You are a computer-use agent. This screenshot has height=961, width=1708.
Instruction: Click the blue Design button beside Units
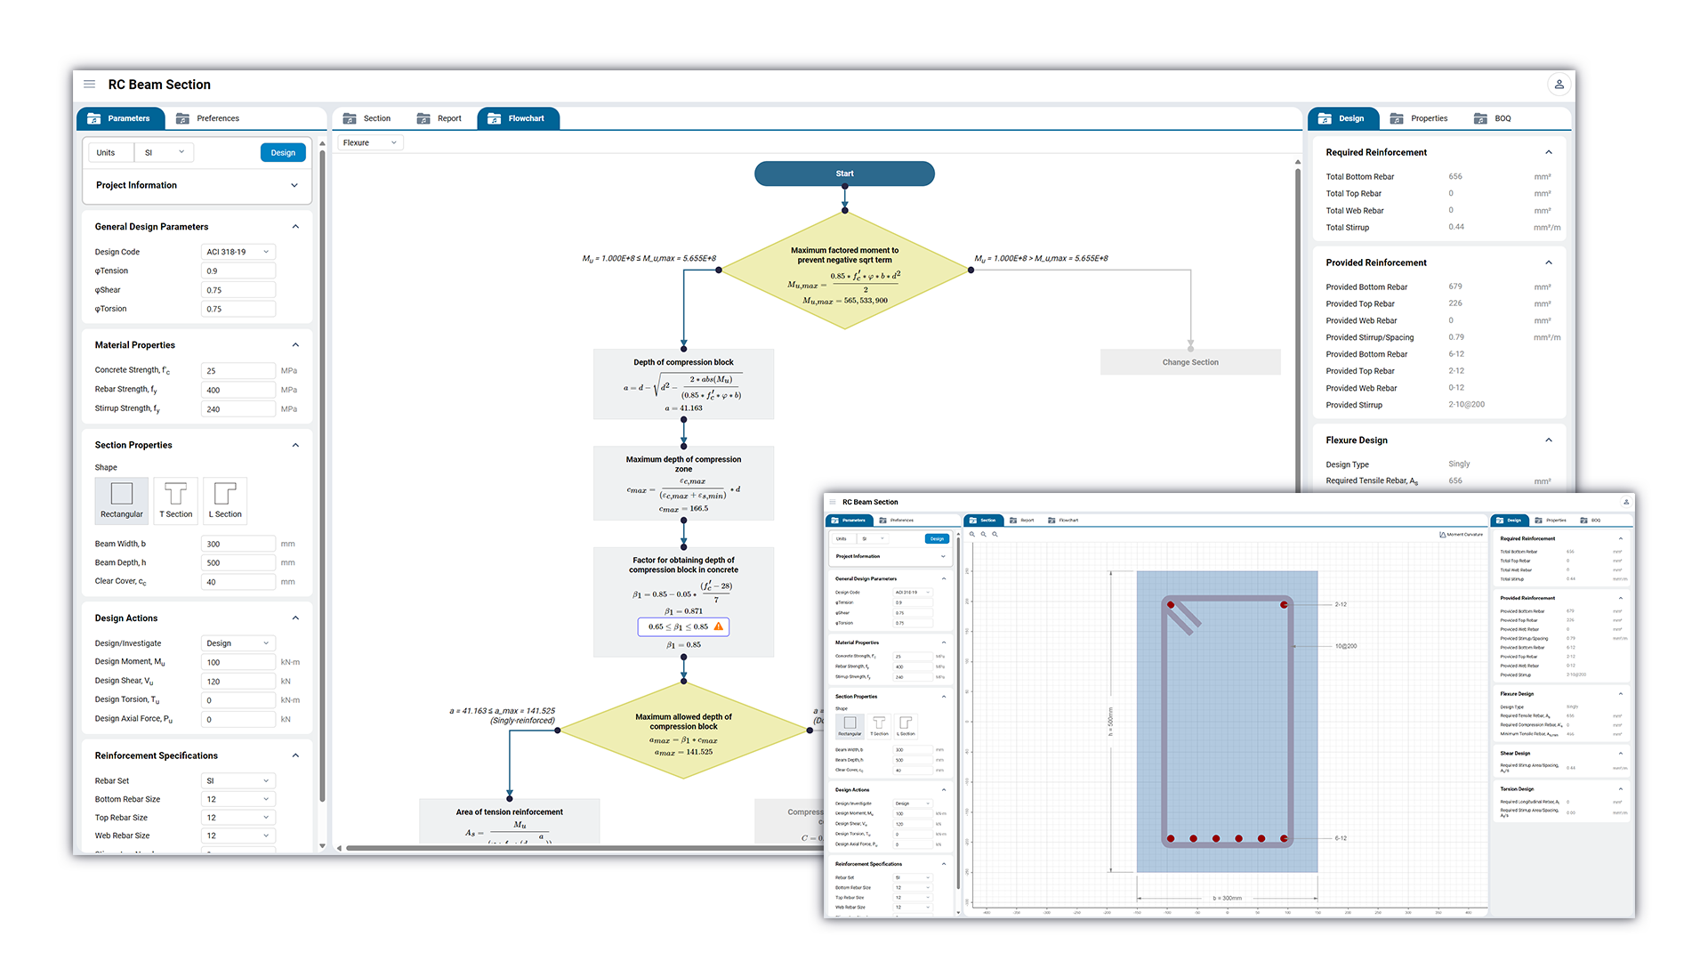pyautogui.click(x=283, y=153)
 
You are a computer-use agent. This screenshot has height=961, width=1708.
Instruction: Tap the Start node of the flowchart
pyautogui.click(x=844, y=174)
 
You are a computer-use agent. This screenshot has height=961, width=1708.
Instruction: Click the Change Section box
pyautogui.click(x=1189, y=362)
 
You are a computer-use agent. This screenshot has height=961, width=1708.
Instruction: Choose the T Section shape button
pyautogui.click(x=175, y=500)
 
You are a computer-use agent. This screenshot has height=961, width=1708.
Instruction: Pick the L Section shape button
pyautogui.click(x=225, y=500)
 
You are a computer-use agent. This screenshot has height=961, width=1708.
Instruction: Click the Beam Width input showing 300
pyautogui.click(x=238, y=544)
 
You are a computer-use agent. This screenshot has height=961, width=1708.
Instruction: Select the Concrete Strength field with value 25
pyautogui.click(x=238, y=371)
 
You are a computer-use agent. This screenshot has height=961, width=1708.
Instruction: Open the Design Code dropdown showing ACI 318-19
pyautogui.click(x=238, y=252)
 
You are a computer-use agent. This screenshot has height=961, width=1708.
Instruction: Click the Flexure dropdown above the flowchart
pyautogui.click(x=370, y=142)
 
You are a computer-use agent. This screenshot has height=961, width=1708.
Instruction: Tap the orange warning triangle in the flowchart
pyautogui.click(x=719, y=626)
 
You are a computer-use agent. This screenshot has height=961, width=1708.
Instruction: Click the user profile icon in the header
pyautogui.click(x=1559, y=85)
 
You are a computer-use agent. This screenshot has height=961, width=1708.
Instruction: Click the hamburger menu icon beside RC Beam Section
pyautogui.click(x=90, y=85)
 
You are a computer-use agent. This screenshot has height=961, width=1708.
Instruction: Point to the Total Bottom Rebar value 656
pyautogui.click(x=1455, y=177)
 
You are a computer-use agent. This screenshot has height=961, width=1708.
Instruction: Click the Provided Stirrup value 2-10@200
pyautogui.click(x=1466, y=405)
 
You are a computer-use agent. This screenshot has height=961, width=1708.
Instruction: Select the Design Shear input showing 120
pyautogui.click(x=238, y=682)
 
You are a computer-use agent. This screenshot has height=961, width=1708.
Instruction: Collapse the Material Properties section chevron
pyautogui.click(x=295, y=345)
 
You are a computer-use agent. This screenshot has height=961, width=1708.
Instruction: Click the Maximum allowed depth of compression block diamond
pyautogui.click(x=683, y=731)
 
